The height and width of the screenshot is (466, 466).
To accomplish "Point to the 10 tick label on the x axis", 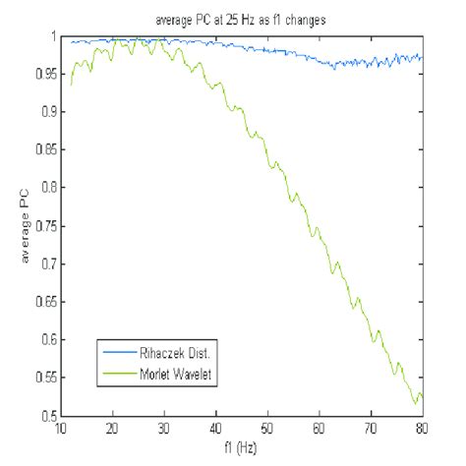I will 62,429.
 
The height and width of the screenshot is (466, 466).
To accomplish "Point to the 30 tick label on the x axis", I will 164,429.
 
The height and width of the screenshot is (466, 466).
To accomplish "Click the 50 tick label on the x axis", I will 267,429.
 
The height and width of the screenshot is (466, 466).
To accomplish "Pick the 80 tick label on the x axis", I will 421,429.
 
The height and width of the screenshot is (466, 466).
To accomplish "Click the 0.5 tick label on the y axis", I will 45,417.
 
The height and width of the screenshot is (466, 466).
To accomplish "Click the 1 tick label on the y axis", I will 51,35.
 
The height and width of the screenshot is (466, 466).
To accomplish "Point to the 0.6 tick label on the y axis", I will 45,340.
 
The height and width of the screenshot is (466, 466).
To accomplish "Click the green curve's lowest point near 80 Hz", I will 415,403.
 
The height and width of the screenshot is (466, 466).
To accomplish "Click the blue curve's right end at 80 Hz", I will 421,57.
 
